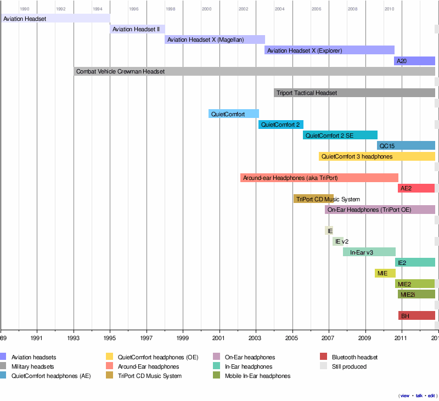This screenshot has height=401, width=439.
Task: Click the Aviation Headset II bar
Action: click(x=137, y=29)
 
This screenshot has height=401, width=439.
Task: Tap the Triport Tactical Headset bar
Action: click(x=354, y=93)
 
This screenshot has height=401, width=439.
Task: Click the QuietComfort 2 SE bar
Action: click(x=340, y=135)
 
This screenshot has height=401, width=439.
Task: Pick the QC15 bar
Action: click(x=406, y=145)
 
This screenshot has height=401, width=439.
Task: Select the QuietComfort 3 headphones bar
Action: click(x=376, y=156)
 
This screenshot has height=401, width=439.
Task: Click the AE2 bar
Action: click(x=416, y=188)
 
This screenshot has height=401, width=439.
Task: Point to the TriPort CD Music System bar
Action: click(x=313, y=199)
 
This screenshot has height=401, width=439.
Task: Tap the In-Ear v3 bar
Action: click(x=369, y=252)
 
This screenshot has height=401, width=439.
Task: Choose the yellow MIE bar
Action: click(x=385, y=273)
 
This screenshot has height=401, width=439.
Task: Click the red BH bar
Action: click(x=417, y=315)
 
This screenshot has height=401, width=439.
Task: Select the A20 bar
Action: click(x=414, y=61)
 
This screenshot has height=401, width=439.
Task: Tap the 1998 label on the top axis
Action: click(x=170, y=9)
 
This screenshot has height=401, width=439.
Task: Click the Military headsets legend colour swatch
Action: click(x=3, y=366)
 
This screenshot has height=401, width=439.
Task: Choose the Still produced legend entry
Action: click(x=349, y=366)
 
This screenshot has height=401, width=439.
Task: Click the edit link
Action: click(x=431, y=396)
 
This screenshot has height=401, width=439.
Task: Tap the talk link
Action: click(x=419, y=396)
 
